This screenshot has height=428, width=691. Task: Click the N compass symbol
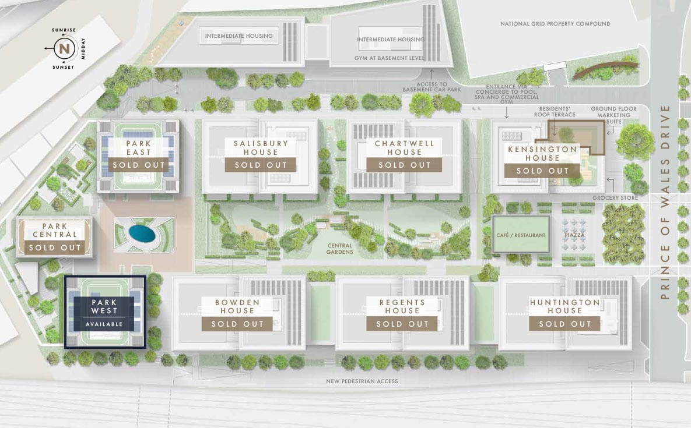pyautogui.click(x=65, y=48)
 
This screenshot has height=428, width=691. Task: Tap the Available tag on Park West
pyautogui.click(x=104, y=324)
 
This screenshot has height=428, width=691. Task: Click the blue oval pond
pyautogui.click(x=142, y=234)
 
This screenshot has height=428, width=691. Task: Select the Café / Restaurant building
pyautogui.click(x=521, y=235)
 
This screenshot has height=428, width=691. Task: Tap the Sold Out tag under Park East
pyautogui.click(x=138, y=165)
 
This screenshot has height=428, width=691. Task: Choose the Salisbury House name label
pyautogui.click(x=261, y=148)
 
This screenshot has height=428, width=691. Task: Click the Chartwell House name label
pyautogui.click(x=398, y=148)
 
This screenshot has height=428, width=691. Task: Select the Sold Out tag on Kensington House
pyautogui.click(x=542, y=171)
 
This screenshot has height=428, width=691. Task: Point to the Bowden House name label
pyautogui.click(x=237, y=306)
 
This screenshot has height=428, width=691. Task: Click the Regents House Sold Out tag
pyautogui.click(x=402, y=324)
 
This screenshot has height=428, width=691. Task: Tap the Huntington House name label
pyautogui.click(x=564, y=306)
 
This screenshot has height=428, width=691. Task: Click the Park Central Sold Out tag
pyautogui.click(x=55, y=247)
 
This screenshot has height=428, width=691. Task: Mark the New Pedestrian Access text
pyautogui.click(x=362, y=381)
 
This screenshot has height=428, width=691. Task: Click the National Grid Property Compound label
pyautogui.click(x=555, y=24)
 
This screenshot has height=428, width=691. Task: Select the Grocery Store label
pyautogui.click(x=615, y=198)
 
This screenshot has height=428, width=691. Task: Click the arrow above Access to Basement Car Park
pyautogui.click(x=431, y=73)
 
